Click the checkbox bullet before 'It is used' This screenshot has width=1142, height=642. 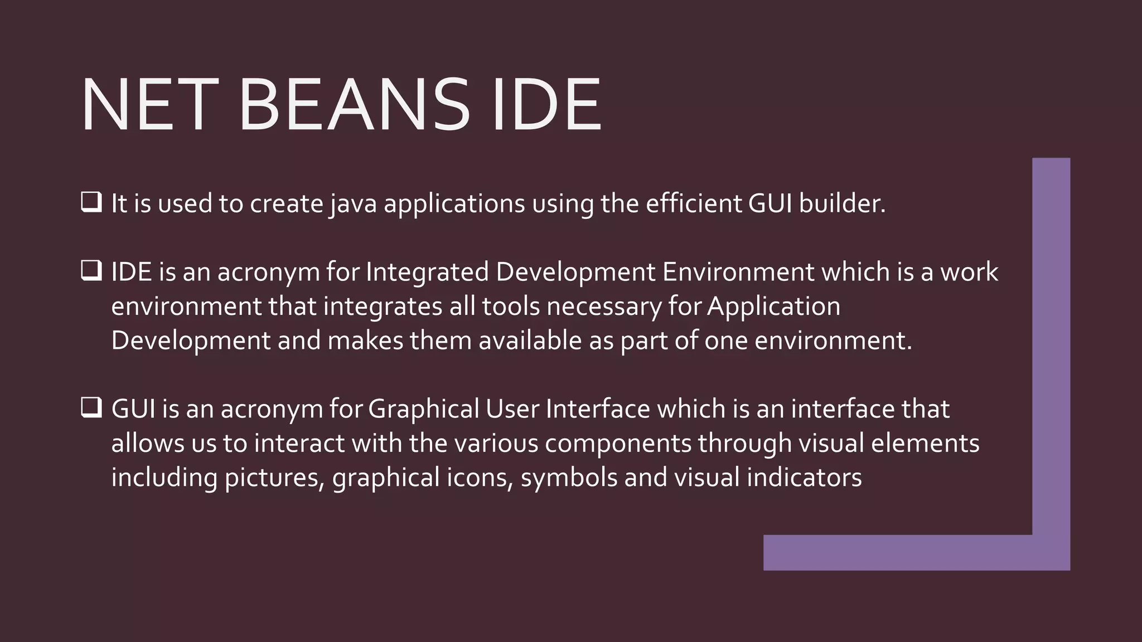point(91,202)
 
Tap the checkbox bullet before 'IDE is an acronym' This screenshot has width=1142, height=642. point(91,271)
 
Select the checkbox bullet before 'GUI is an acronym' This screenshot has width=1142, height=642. point(91,408)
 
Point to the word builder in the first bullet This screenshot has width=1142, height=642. point(842,203)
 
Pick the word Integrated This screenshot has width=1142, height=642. point(427,272)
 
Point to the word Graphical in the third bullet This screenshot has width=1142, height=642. point(424,410)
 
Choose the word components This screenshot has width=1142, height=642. point(618,444)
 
